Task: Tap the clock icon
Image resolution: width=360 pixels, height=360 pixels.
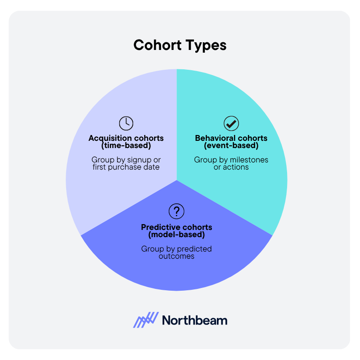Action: point(126,123)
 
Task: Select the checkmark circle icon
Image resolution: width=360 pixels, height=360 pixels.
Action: point(231,123)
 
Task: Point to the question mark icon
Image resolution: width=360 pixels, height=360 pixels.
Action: point(176,211)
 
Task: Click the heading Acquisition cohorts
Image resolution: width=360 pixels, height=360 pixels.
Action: point(126,138)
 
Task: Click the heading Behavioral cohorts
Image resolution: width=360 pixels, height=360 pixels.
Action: point(231,138)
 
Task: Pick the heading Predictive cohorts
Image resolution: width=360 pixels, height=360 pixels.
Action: point(176,227)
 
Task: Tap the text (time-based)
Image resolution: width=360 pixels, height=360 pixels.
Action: point(126,145)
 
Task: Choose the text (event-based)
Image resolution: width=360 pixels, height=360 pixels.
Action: point(231,145)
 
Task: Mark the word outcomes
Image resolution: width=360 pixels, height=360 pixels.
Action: point(176,256)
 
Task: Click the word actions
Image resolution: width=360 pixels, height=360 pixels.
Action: point(237,167)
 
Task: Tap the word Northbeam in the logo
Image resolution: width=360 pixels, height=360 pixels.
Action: point(194,320)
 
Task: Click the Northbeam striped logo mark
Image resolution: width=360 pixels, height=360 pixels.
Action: point(146,320)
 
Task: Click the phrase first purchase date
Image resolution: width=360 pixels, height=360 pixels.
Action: point(126,167)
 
